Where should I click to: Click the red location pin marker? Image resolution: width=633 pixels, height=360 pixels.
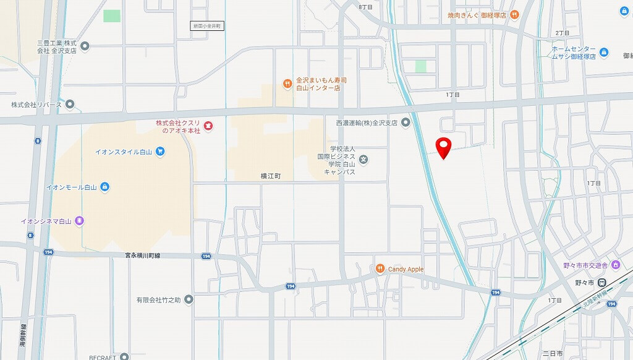point(443,147)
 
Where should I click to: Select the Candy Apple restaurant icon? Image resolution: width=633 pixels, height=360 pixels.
point(380,268)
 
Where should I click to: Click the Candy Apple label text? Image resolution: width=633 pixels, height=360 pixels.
point(406,269)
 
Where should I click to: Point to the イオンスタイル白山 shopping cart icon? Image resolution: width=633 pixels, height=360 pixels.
point(160,151)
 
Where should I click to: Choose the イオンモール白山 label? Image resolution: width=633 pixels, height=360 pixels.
point(71,186)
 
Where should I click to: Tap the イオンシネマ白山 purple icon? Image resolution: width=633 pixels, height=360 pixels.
point(79,220)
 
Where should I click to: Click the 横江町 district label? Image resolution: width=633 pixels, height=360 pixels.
point(271,176)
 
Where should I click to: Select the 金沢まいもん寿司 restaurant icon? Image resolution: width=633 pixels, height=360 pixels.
point(287,84)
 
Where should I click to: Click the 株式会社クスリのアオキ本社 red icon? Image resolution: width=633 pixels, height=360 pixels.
point(208,126)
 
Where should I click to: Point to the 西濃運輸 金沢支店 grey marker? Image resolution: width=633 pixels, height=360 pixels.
point(406,122)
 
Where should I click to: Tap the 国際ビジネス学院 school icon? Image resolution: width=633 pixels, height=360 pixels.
point(364,160)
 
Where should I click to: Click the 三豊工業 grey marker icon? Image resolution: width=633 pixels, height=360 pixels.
point(85,45)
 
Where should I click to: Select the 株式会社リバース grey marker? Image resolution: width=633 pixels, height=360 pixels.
point(70,105)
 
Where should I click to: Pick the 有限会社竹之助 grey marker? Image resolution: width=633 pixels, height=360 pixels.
point(189,300)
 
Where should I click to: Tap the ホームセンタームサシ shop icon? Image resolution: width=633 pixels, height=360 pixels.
point(604,53)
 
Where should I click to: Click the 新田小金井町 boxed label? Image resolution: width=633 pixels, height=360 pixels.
point(206,26)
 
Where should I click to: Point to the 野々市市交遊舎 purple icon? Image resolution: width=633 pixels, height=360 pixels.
point(616,265)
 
